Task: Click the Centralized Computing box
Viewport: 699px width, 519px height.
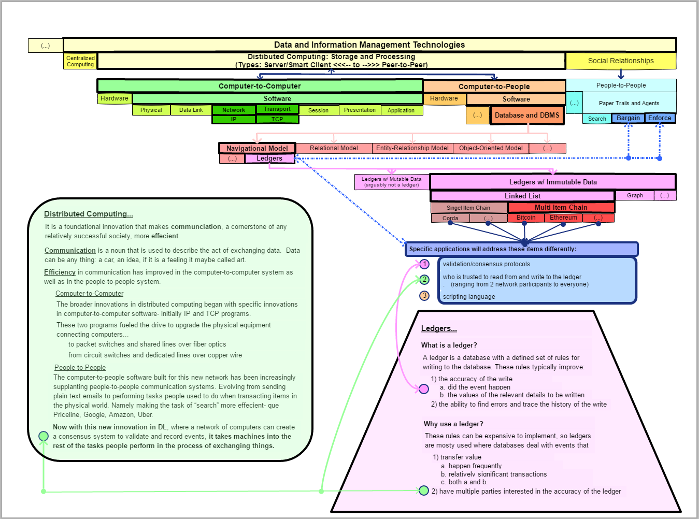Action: [80, 61]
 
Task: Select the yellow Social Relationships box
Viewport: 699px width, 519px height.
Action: [621, 61]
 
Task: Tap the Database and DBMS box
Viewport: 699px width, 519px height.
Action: [527, 116]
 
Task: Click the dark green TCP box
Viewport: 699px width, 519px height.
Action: [277, 119]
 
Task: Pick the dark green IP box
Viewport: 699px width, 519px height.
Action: [234, 119]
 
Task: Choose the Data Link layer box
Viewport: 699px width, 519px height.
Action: [191, 110]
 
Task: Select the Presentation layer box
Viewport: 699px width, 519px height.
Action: [360, 110]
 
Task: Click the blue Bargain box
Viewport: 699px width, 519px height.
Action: [628, 118]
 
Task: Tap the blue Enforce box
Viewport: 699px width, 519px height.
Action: [660, 118]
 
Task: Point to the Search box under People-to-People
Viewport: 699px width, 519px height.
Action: [597, 119]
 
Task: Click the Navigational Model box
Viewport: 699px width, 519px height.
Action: [257, 148]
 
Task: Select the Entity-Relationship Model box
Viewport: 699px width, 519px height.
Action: [412, 148]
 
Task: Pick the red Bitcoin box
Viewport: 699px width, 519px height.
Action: [526, 218]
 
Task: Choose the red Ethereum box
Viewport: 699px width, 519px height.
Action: [563, 218]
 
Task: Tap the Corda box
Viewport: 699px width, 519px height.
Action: [450, 218]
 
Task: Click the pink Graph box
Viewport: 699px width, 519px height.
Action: [635, 195]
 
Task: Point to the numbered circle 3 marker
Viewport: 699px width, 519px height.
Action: [424, 296]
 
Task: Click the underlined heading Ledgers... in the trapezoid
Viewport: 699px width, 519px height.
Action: [439, 328]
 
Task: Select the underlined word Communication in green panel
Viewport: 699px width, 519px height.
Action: [70, 250]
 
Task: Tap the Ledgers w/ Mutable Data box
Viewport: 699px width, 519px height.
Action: [392, 182]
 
